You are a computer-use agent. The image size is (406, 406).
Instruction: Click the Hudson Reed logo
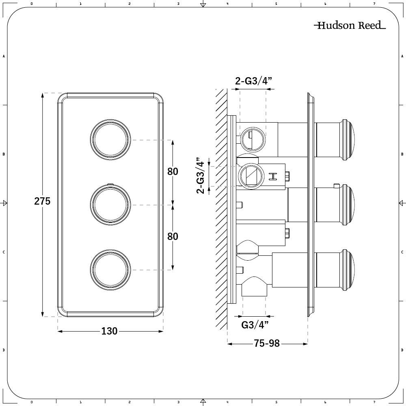(x=350, y=25)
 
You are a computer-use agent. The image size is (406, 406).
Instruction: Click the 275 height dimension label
(x=42, y=201)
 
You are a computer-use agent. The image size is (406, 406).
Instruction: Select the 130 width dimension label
(x=109, y=331)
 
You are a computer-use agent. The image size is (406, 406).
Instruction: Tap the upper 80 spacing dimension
(x=173, y=171)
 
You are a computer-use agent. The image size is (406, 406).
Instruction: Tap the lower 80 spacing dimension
(x=173, y=236)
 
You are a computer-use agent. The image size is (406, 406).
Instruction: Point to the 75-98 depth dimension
(x=267, y=343)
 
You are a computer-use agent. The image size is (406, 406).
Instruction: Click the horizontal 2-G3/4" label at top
(x=253, y=81)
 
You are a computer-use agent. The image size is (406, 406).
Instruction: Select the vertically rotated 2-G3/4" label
(x=201, y=175)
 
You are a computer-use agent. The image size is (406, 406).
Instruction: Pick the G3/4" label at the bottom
(x=255, y=325)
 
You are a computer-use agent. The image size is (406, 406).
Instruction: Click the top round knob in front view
(x=110, y=140)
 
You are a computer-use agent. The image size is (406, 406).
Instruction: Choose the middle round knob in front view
(x=110, y=205)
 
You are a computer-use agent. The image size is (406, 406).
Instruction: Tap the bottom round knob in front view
(x=110, y=270)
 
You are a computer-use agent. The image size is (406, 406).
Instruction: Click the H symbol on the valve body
(x=273, y=176)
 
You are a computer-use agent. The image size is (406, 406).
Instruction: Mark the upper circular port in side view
(x=253, y=140)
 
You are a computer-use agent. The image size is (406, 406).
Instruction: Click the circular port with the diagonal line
(x=251, y=176)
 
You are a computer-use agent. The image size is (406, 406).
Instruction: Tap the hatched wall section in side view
(x=222, y=209)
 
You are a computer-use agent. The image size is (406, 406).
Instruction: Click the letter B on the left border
(x=4, y=154)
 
